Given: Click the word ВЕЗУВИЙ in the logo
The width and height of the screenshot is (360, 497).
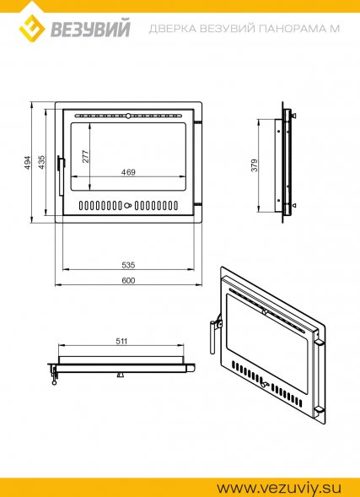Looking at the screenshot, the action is tap(91, 29).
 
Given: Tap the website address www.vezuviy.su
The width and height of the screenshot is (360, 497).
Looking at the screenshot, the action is tap(279, 487).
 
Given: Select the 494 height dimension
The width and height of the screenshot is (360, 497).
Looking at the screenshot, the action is tap(29, 163).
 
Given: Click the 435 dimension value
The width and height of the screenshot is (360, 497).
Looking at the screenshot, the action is tap(42, 162).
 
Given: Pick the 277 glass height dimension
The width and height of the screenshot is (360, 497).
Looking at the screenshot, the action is tap(86, 157).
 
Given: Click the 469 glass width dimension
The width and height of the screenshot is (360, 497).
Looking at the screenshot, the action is tap(128, 172).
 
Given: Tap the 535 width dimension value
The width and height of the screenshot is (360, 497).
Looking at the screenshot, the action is tap(128, 265).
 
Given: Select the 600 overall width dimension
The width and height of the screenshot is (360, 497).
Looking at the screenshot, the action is tap(128, 281).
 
